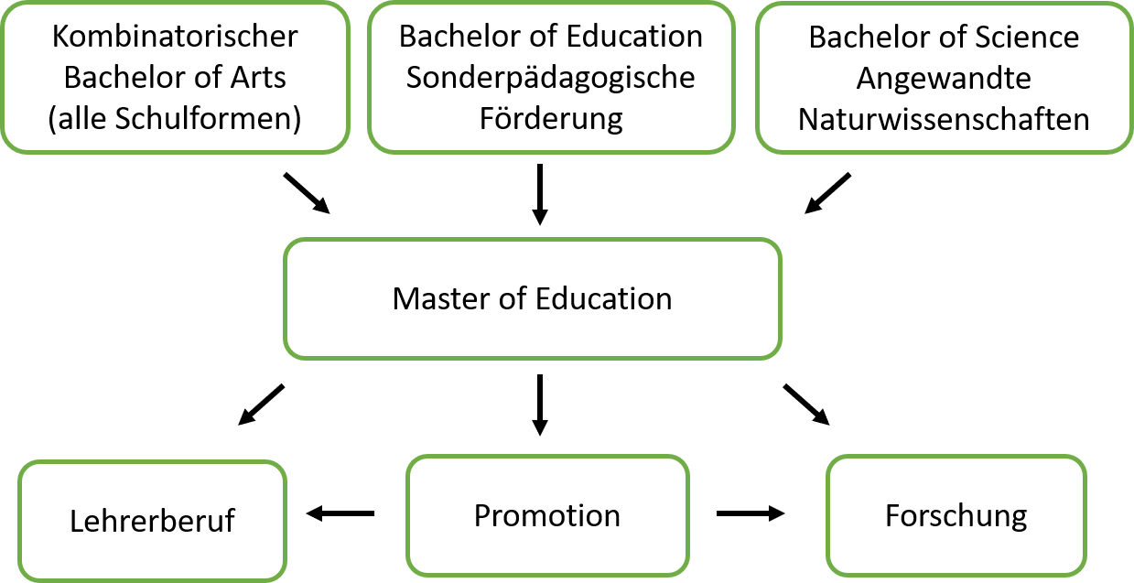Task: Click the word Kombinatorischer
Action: click(175, 37)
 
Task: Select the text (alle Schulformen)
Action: click(175, 119)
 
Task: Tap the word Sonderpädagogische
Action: click(551, 79)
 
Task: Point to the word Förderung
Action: click(551, 119)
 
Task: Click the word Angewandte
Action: click(944, 80)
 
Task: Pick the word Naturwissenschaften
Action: click(944, 120)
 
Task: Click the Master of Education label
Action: click(532, 298)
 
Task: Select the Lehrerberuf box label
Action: click(152, 521)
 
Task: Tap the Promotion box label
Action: click(547, 515)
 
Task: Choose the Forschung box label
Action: click(956, 517)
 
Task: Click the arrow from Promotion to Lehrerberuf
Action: click(340, 513)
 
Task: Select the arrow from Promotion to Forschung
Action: click(751, 513)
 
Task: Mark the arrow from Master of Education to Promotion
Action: click(540, 405)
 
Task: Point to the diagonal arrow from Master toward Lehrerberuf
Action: click(261, 405)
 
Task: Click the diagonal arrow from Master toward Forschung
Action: click(806, 405)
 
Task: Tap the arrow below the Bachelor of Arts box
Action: click(307, 193)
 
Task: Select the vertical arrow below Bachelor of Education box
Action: click(540, 194)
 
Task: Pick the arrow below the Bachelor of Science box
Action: click(828, 193)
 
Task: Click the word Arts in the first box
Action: click(258, 78)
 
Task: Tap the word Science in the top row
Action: click(1027, 38)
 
